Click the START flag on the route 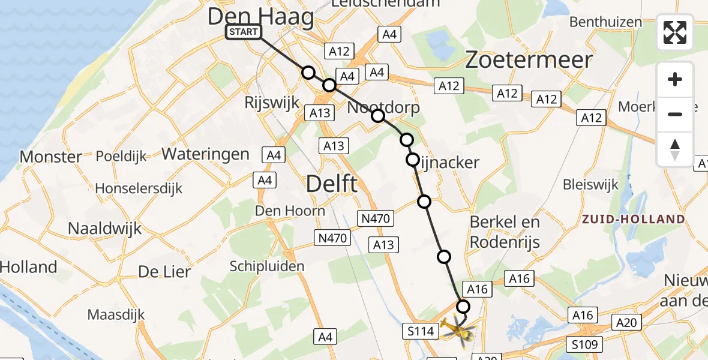point(243,32)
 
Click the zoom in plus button point(675,79)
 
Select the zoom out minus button point(675,114)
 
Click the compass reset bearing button point(675,149)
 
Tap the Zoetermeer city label point(529,59)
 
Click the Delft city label point(332,184)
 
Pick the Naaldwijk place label point(105,228)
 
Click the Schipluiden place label point(267,266)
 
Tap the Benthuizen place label point(605,22)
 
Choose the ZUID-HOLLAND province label point(633,219)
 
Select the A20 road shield point(626,323)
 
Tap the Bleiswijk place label point(591,184)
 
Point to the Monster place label point(51,157)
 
